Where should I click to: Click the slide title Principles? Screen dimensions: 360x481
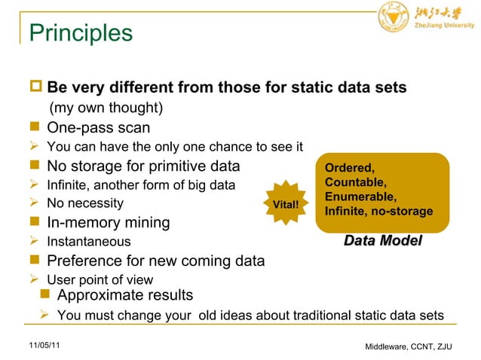pos(80,33)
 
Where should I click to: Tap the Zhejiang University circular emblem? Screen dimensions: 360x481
pos(391,17)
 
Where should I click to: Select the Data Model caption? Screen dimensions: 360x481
pos(382,241)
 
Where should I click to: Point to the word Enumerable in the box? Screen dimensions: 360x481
pos(355,197)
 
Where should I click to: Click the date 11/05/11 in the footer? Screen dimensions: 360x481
pos(44,344)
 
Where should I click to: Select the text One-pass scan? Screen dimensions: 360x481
pos(98,128)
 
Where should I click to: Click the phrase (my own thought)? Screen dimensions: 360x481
pos(106,108)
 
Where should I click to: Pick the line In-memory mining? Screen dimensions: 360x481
pos(108,223)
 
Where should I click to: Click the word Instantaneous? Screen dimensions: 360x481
pos(88,242)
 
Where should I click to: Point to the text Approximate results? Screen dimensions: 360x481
pos(124,294)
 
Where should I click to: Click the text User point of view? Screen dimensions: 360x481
pos(100,280)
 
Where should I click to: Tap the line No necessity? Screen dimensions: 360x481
pos(85,203)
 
